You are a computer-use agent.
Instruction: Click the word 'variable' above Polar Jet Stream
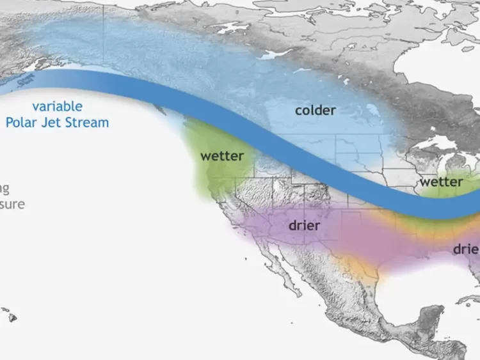[x=57, y=107]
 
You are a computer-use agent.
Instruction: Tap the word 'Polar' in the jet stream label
[x=23, y=122]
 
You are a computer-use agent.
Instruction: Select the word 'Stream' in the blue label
[x=87, y=122]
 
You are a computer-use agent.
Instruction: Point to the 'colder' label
[x=315, y=111]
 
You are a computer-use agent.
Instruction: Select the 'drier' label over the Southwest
[x=304, y=226]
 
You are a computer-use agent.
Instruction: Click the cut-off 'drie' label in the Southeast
[x=466, y=249]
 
